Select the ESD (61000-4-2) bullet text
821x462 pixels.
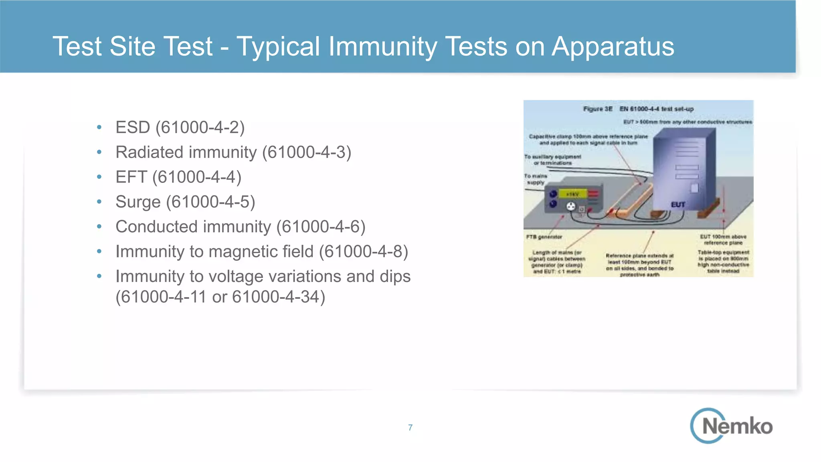point(180,128)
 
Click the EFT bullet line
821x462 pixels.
point(178,177)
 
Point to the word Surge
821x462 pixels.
point(138,202)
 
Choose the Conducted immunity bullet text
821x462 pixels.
point(240,227)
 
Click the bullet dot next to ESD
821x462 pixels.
point(99,128)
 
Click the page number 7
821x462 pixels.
point(410,428)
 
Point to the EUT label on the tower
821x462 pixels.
point(678,205)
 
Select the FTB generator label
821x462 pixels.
point(544,237)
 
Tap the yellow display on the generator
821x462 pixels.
point(572,195)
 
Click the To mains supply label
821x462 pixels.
point(536,179)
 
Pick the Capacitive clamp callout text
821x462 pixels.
point(588,140)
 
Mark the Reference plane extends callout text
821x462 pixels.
point(639,265)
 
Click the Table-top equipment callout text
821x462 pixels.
point(723,261)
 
